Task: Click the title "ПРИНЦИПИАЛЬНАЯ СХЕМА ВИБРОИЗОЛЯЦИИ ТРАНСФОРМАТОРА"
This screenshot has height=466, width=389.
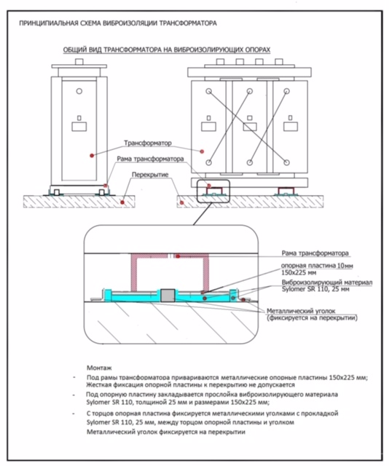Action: [x=118, y=23]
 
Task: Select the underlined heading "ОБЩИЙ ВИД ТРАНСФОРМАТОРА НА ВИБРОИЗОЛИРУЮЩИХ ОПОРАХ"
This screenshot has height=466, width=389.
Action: [x=167, y=50]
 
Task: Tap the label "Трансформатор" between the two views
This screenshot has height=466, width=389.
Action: [x=148, y=143]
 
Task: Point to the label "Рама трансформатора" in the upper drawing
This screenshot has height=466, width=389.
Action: [x=150, y=159]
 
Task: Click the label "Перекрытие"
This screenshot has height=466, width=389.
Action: [x=150, y=175]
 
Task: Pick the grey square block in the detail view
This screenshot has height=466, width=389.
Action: [x=168, y=296]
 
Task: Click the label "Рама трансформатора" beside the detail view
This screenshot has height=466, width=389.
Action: [x=315, y=253]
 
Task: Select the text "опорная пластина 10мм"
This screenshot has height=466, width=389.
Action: [x=317, y=265]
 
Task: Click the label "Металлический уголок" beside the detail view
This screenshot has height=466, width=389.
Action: [x=301, y=311]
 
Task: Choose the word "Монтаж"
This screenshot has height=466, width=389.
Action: [x=99, y=368]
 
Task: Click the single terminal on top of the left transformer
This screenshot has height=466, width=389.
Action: [x=79, y=62]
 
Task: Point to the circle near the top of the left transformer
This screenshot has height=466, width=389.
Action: [x=79, y=91]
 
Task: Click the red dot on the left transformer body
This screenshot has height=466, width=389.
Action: [x=92, y=155]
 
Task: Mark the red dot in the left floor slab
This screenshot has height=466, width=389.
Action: [x=122, y=202]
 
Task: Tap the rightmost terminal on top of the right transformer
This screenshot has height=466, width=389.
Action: [x=279, y=62]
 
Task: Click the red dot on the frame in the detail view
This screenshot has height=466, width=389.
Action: [x=178, y=256]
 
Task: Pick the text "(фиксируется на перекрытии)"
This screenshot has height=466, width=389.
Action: [x=312, y=317]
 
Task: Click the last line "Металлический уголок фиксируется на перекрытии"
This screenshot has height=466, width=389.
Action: [x=166, y=432]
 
